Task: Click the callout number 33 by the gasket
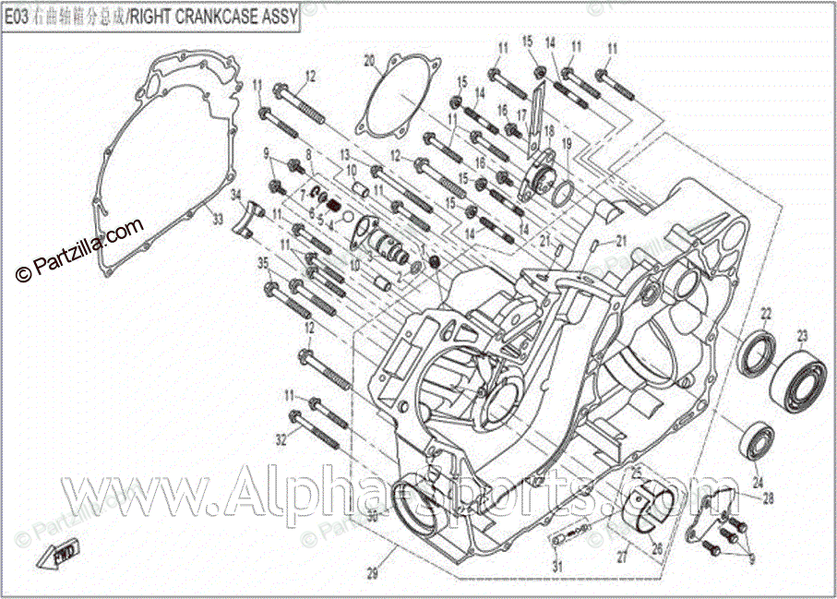coord(218,220)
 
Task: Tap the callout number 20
coord(369,62)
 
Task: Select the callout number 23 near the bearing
coord(803,334)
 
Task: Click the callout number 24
coord(758,482)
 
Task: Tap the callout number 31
coord(556,566)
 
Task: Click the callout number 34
coord(235,194)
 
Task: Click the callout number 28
coord(769,497)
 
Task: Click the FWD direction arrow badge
coord(64,554)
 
